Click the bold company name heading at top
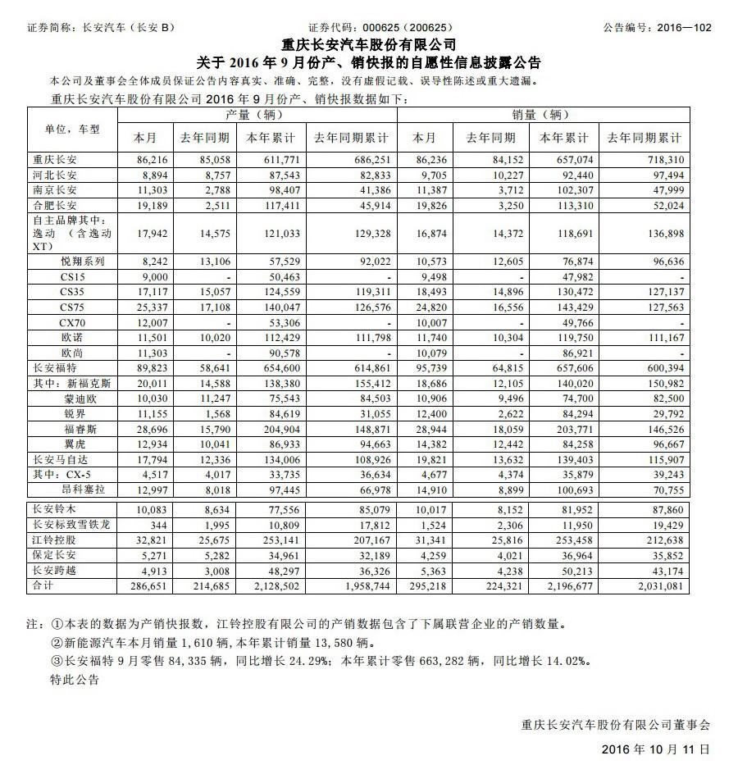[369, 45]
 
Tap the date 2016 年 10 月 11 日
[655, 749]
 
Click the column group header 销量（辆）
[541, 115]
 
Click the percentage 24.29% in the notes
[312, 660]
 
